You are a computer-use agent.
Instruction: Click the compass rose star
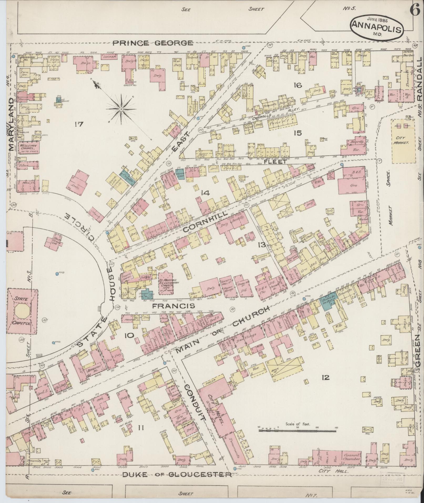pos(121,109)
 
